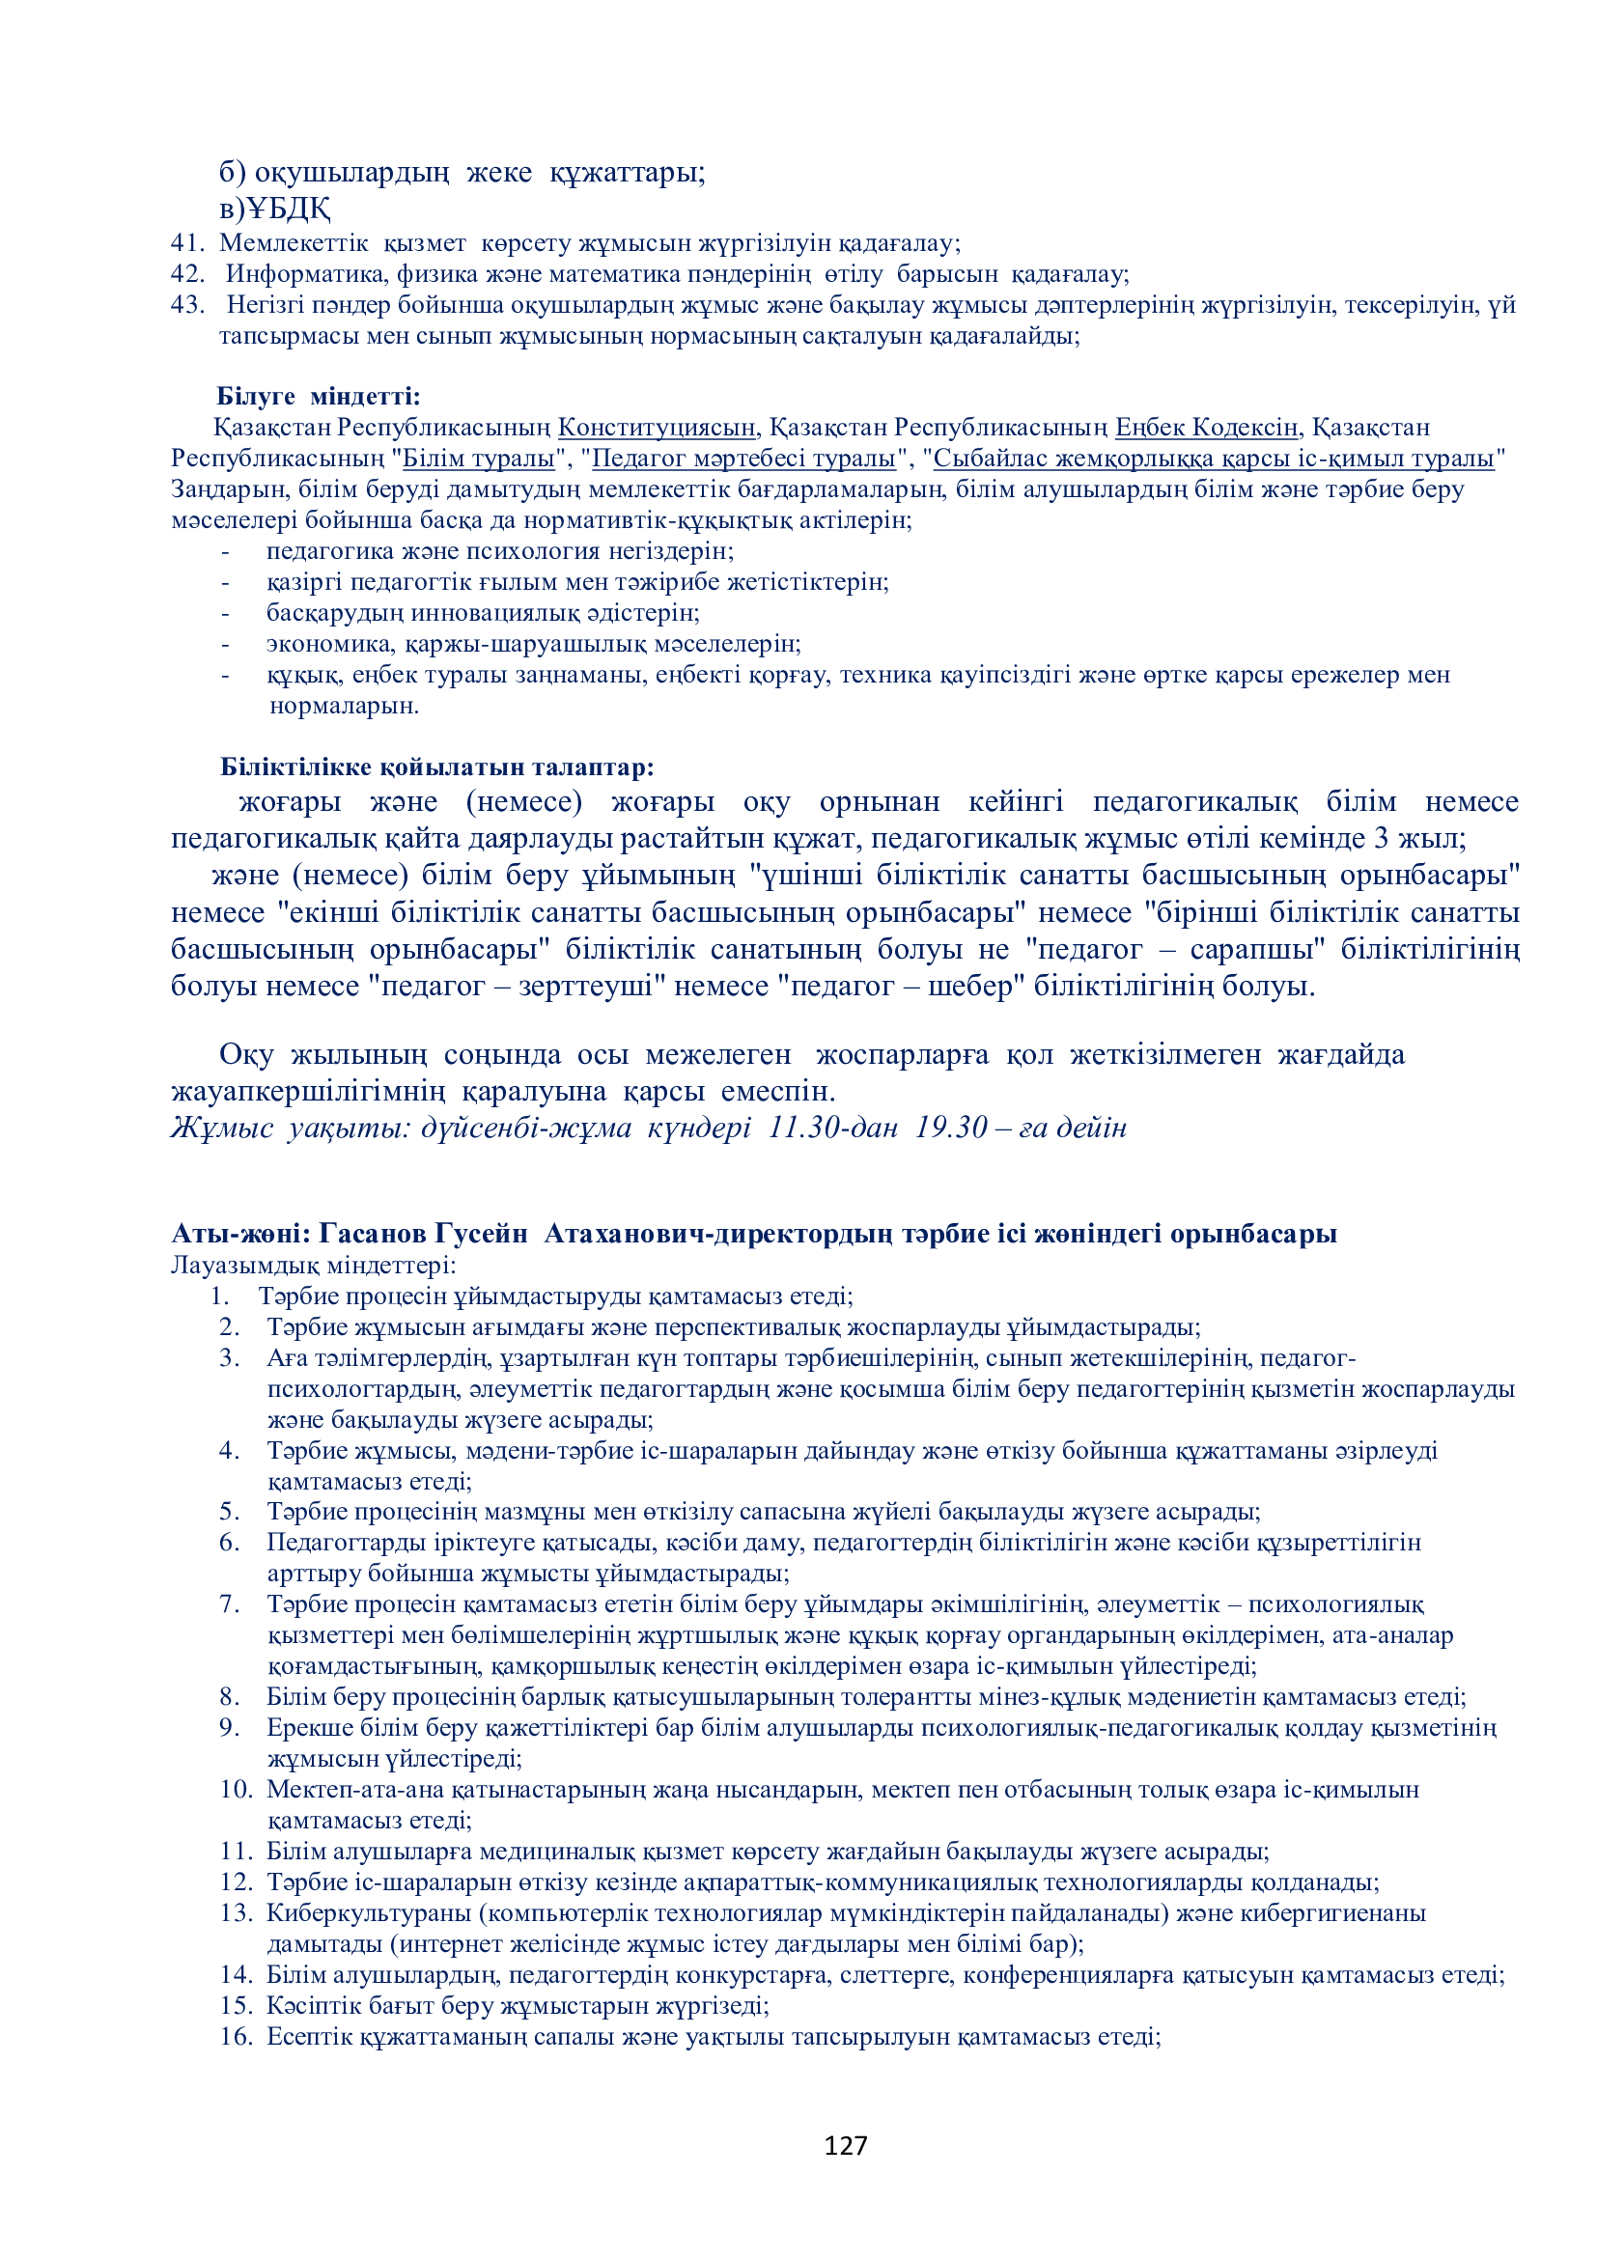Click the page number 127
point(845,2146)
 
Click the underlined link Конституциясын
point(657,428)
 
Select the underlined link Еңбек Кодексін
point(1207,428)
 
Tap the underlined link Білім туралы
point(478,459)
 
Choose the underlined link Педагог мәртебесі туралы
point(743,459)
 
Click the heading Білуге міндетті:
point(319,397)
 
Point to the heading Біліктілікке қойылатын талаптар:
point(437,767)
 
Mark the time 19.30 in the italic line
point(951,1128)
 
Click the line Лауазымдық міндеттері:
point(313,1265)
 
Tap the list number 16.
point(236,2037)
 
